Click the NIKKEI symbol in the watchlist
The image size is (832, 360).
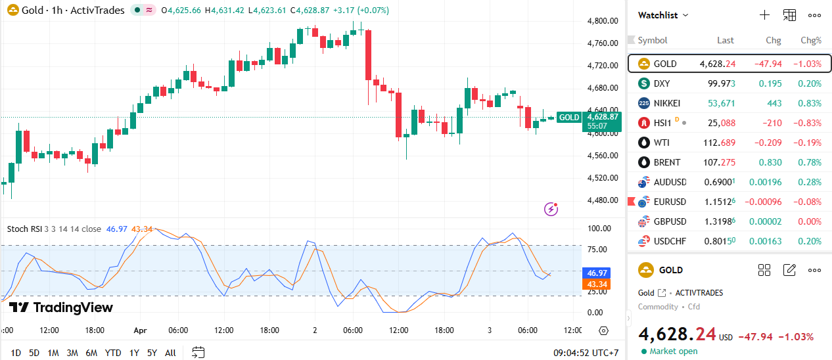667,103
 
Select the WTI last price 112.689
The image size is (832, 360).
718,143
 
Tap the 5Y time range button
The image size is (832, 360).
152,353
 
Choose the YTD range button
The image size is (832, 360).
113,353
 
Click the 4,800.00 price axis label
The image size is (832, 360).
602,21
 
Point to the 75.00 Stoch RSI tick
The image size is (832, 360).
597,250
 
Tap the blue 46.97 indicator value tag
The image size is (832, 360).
596,273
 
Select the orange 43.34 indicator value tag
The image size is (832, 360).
596,284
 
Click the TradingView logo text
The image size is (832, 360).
72,307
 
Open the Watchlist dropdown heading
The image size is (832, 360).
663,15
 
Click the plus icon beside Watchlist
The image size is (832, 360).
764,15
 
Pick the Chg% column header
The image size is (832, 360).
810,40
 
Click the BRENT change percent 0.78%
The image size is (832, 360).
809,162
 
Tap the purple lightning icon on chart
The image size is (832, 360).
551,210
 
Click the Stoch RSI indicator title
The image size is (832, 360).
54,229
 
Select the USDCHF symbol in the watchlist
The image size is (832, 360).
670,241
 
